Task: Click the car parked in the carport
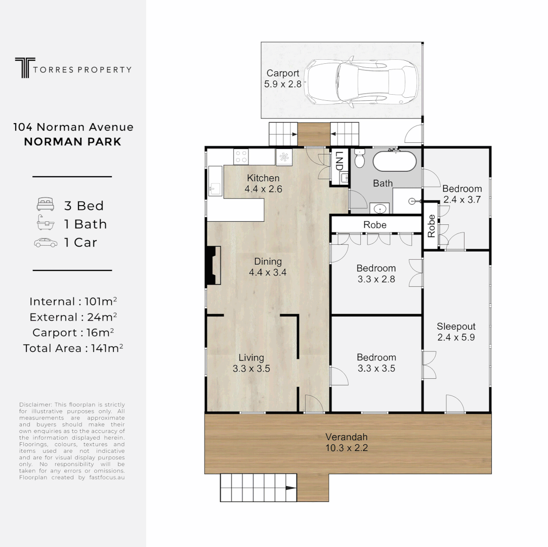(363, 82)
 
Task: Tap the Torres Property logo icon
(23, 68)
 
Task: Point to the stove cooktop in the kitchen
(241, 157)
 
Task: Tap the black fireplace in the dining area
(212, 265)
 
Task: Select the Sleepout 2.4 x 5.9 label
(456, 332)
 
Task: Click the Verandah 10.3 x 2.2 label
(346, 442)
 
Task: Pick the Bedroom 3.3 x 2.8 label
(376, 273)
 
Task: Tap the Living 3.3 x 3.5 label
(251, 363)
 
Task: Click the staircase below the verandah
(258, 488)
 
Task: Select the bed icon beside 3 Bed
(46, 205)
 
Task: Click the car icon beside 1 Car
(46, 243)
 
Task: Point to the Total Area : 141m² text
(73, 348)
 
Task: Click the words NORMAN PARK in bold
(73, 141)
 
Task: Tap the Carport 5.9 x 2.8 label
(283, 79)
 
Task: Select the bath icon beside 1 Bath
(46, 224)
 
